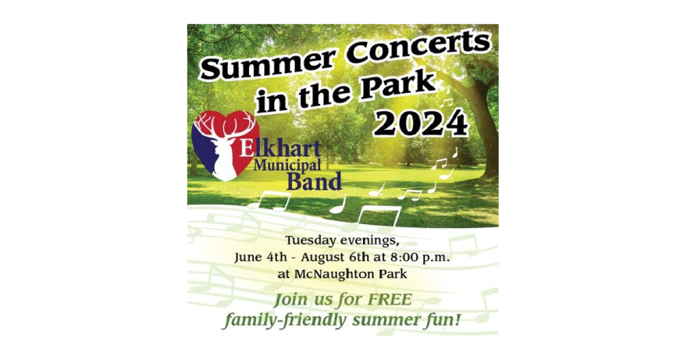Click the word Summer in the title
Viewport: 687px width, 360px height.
pos(269,62)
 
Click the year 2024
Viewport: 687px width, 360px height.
pos(421,123)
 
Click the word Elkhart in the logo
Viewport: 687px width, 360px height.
pos(280,149)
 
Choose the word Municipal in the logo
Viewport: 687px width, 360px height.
pos(287,166)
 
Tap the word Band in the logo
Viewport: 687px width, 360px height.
pos(314,181)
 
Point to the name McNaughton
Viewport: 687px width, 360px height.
pos(338,275)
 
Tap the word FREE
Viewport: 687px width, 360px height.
pos(390,300)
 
